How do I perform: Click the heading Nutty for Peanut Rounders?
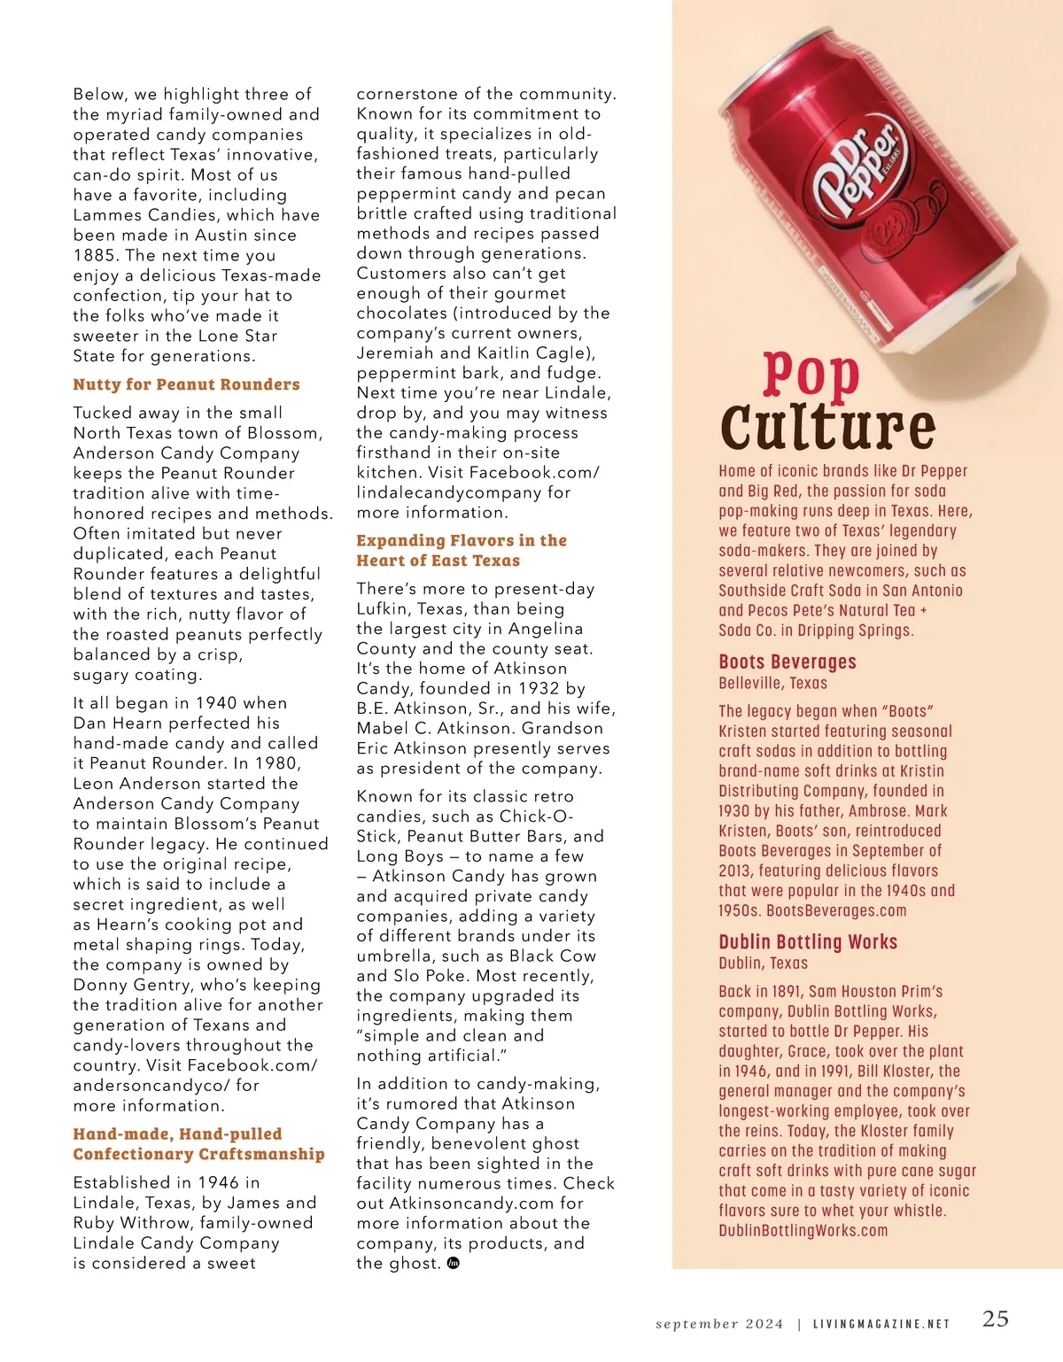click(186, 384)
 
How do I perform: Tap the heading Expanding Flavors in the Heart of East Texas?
click(461, 550)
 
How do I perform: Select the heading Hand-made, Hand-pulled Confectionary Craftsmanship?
click(198, 1144)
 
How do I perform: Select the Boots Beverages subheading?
click(788, 662)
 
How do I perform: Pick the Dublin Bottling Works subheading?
click(808, 941)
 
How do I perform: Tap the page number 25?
click(996, 1319)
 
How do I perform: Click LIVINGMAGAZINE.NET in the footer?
click(881, 1324)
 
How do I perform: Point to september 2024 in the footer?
click(719, 1324)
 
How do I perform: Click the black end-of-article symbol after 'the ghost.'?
click(454, 1264)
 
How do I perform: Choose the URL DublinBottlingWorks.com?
click(803, 1230)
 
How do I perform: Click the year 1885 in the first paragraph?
click(96, 255)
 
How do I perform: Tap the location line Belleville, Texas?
click(772, 683)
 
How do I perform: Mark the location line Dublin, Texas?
click(763, 963)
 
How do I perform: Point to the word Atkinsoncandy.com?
click(460, 1203)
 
